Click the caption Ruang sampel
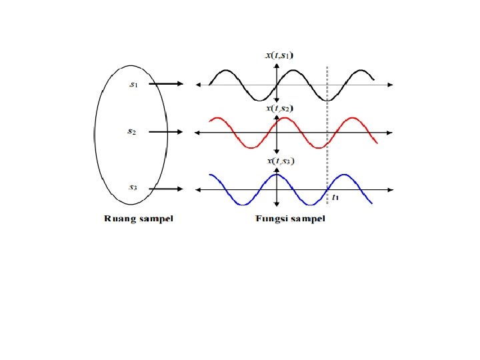(x=137, y=219)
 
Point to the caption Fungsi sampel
(x=290, y=219)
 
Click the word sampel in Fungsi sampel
(x=307, y=219)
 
